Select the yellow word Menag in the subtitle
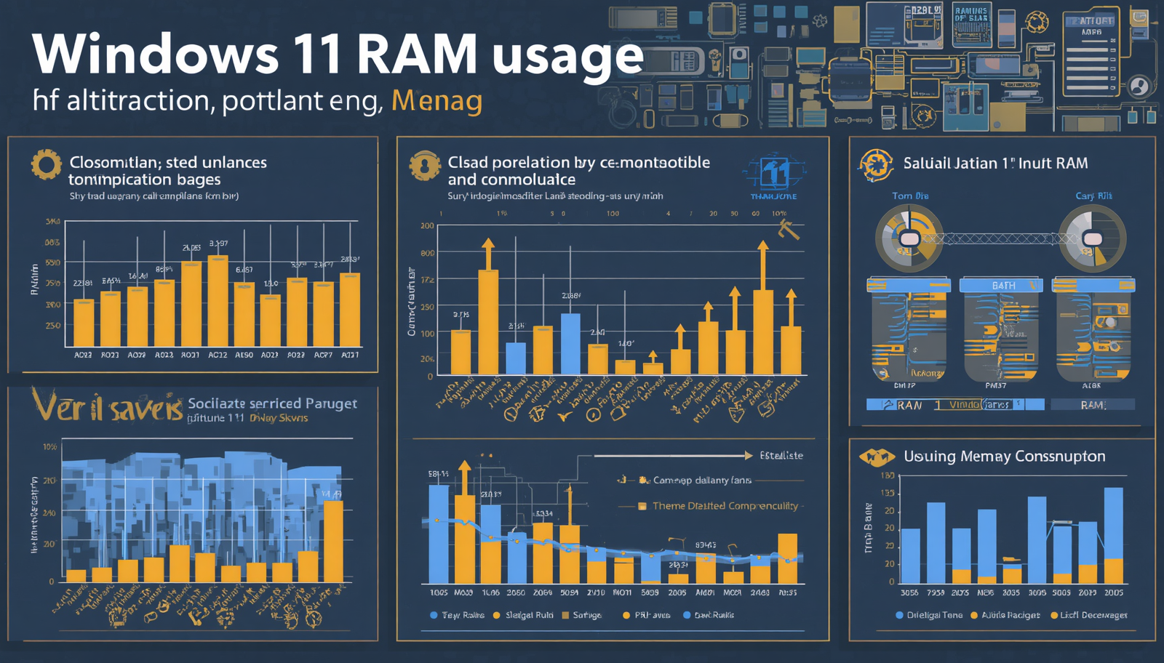coord(436,101)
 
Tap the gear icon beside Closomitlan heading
coord(46,165)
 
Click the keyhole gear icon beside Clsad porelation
coord(424,166)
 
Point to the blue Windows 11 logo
coord(774,174)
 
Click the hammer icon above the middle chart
coord(789,230)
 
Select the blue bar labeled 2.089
coord(570,343)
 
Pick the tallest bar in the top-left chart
coord(218,300)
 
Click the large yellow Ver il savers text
coord(108,406)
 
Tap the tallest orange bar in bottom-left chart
coord(333,540)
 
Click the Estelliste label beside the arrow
coord(781,456)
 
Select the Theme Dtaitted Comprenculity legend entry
coord(725,506)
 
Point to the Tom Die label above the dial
coord(910,196)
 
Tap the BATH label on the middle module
coord(1003,286)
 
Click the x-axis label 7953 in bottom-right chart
coord(936,592)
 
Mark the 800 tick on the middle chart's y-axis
coord(427,253)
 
